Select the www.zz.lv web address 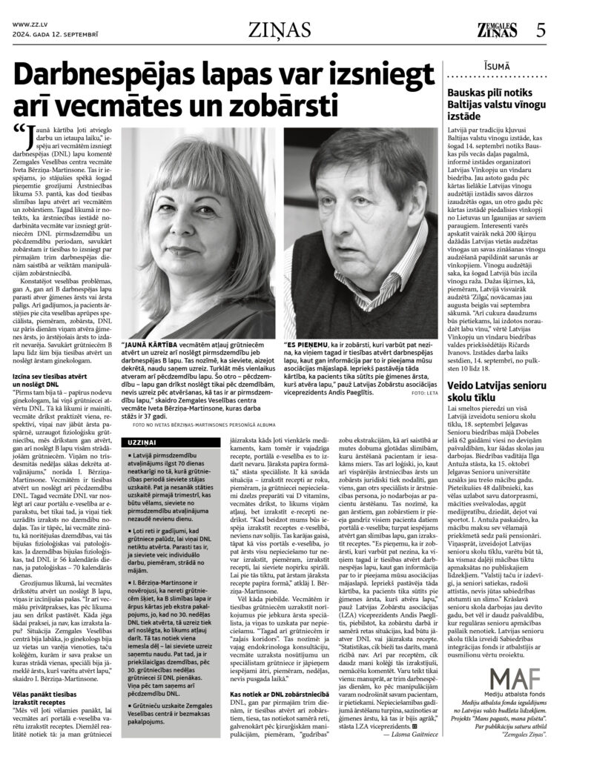coord(30,24)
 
